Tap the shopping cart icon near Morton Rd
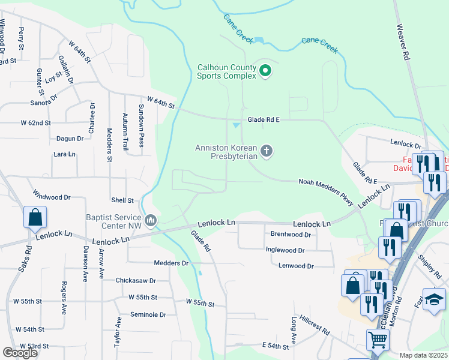(378, 340)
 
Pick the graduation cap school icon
(434, 299)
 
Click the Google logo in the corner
(20, 353)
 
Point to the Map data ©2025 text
(424, 355)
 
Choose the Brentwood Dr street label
(291, 235)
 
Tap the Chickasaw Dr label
(136, 280)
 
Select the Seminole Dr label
(141, 314)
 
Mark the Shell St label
(122, 200)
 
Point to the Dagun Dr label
(70, 139)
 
